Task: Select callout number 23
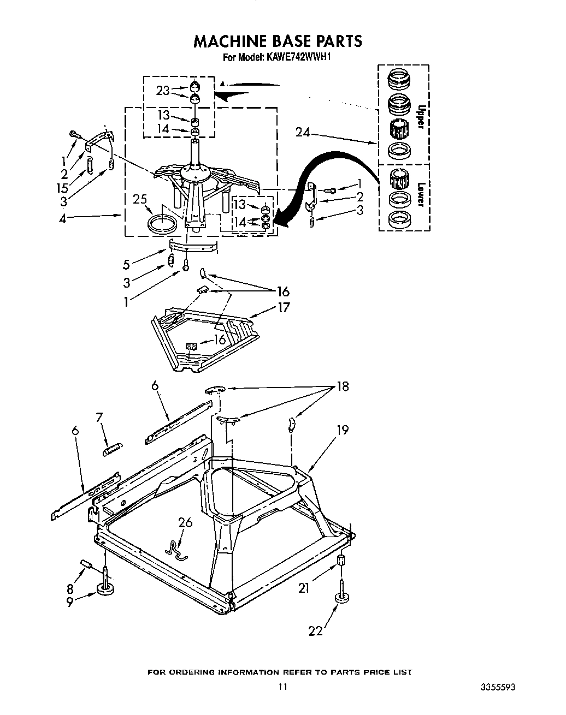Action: pyautogui.click(x=163, y=91)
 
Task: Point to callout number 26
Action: pyautogui.click(x=185, y=522)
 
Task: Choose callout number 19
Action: pyautogui.click(x=342, y=430)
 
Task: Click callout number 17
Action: pyautogui.click(x=284, y=307)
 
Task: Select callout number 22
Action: pyautogui.click(x=316, y=630)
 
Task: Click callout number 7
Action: pyautogui.click(x=99, y=418)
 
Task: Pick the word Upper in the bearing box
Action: pyautogui.click(x=420, y=117)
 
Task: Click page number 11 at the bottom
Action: pyautogui.click(x=282, y=687)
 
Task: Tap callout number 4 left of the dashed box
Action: pyautogui.click(x=63, y=218)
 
